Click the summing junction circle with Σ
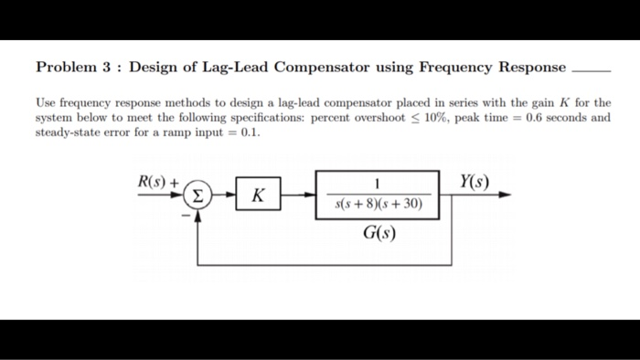click(x=197, y=195)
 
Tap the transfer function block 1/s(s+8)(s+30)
click(x=377, y=195)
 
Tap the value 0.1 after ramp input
click(x=250, y=132)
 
